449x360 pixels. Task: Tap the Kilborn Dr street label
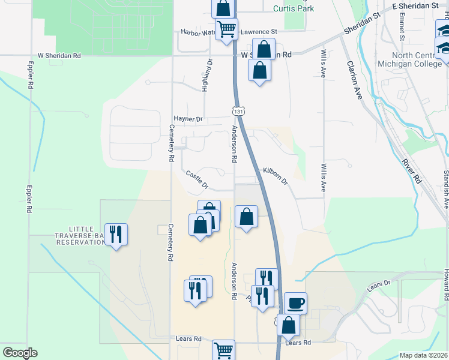click(x=276, y=176)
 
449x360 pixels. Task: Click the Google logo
click(x=20, y=353)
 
